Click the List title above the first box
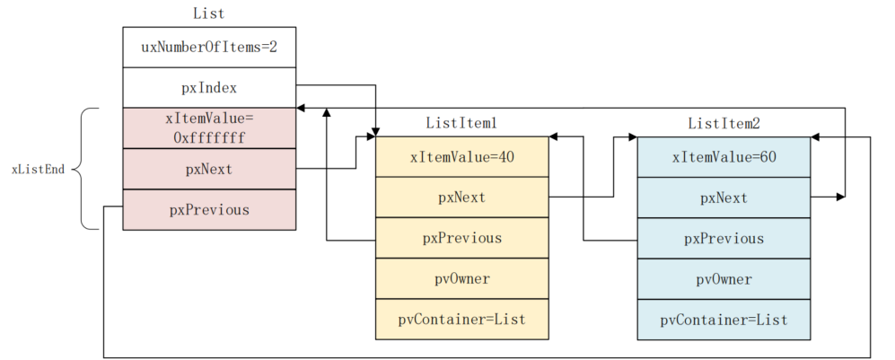(x=208, y=13)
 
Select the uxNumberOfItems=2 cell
(x=208, y=47)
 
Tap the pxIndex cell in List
(x=208, y=88)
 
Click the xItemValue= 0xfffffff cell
(x=208, y=128)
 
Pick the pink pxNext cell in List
(x=208, y=169)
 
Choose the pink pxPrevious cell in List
(x=208, y=209)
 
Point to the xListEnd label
(x=38, y=169)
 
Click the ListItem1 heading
(x=461, y=123)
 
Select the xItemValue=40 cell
(x=461, y=156)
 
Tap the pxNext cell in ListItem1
(x=461, y=197)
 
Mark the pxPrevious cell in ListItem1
(x=461, y=238)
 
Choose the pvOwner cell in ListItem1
(x=461, y=278)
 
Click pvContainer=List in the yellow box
(x=461, y=319)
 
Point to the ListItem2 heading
(x=724, y=123)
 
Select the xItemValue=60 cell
(x=724, y=156)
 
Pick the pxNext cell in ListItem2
(x=724, y=197)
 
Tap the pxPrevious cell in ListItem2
(x=724, y=238)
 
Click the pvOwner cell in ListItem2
(x=724, y=278)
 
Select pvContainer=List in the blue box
(x=724, y=319)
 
